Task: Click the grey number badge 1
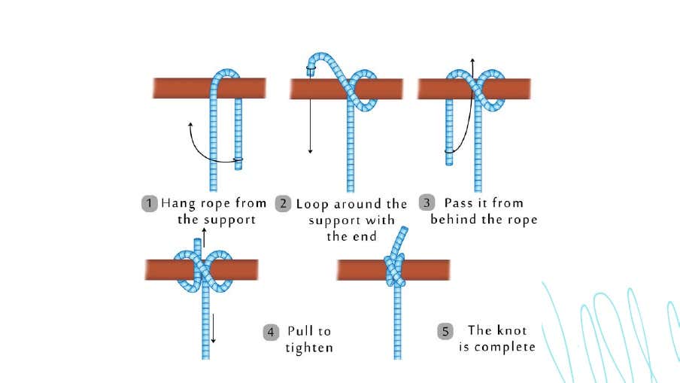pos(149,203)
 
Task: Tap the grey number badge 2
pos(283,203)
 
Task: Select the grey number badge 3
pos(427,202)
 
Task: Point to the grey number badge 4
pos(271,333)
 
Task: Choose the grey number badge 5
pos(445,331)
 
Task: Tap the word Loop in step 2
pos(312,205)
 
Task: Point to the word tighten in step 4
pos(309,348)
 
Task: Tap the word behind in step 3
pos(454,219)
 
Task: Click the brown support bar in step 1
pos(209,88)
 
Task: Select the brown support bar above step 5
pos(393,270)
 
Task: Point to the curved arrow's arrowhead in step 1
pos(190,125)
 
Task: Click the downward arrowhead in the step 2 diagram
pos(310,151)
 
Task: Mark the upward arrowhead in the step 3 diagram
pos(472,60)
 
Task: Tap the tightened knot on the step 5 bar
pos(395,271)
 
